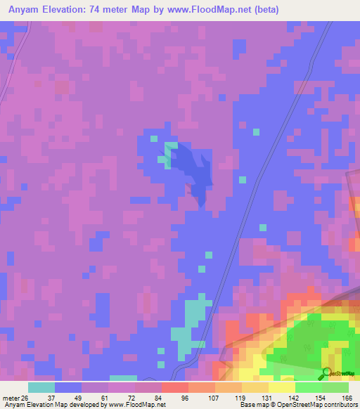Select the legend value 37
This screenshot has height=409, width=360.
(51, 397)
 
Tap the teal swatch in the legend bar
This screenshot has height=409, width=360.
(41, 387)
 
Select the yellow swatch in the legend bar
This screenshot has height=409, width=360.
(282, 387)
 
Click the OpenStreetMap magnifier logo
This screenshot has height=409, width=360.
(327, 373)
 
